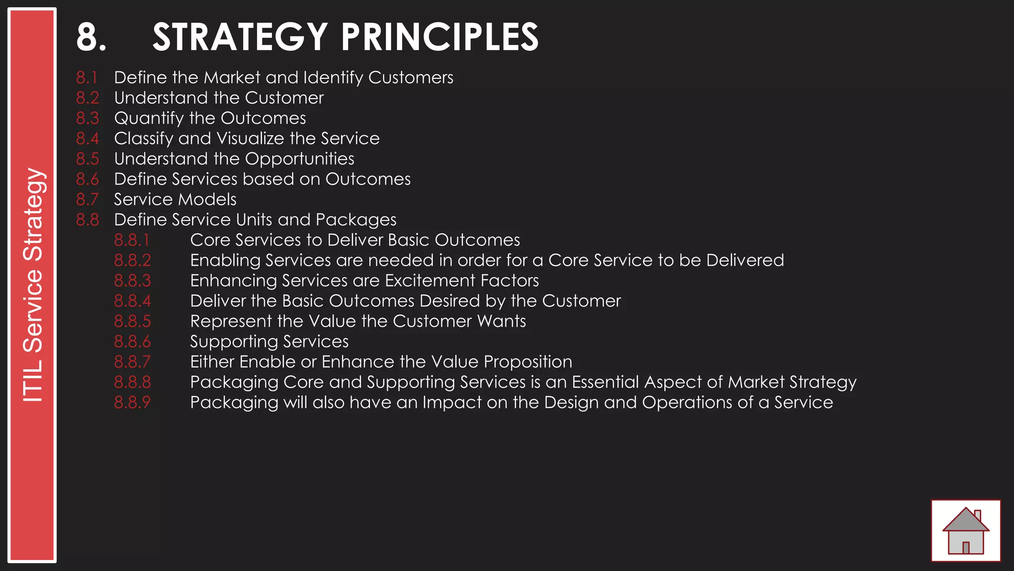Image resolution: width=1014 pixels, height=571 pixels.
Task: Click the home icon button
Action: [x=965, y=531]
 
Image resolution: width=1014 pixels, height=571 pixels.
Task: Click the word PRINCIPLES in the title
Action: [x=439, y=37]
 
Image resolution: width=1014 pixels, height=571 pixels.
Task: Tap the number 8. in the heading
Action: [x=91, y=37]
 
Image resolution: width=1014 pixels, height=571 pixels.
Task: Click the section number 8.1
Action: [x=87, y=78]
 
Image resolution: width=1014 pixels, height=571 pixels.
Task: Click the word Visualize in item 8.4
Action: [x=251, y=139]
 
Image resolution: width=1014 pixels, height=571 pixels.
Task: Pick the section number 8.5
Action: [x=87, y=159]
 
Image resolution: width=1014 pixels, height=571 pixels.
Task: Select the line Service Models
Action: [x=175, y=200]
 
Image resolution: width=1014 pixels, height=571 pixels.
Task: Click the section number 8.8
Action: [x=87, y=220]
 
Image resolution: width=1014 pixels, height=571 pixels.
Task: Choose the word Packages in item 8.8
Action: [x=356, y=220]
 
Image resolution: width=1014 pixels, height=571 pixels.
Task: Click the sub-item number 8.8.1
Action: [x=131, y=240]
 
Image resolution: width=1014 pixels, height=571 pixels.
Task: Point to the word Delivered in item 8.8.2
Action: [x=745, y=261]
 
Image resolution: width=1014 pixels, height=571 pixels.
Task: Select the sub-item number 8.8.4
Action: [x=132, y=301]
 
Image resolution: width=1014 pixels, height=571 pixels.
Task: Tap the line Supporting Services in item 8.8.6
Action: [x=269, y=342]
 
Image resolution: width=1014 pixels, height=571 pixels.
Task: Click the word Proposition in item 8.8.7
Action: [x=528, y=362]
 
